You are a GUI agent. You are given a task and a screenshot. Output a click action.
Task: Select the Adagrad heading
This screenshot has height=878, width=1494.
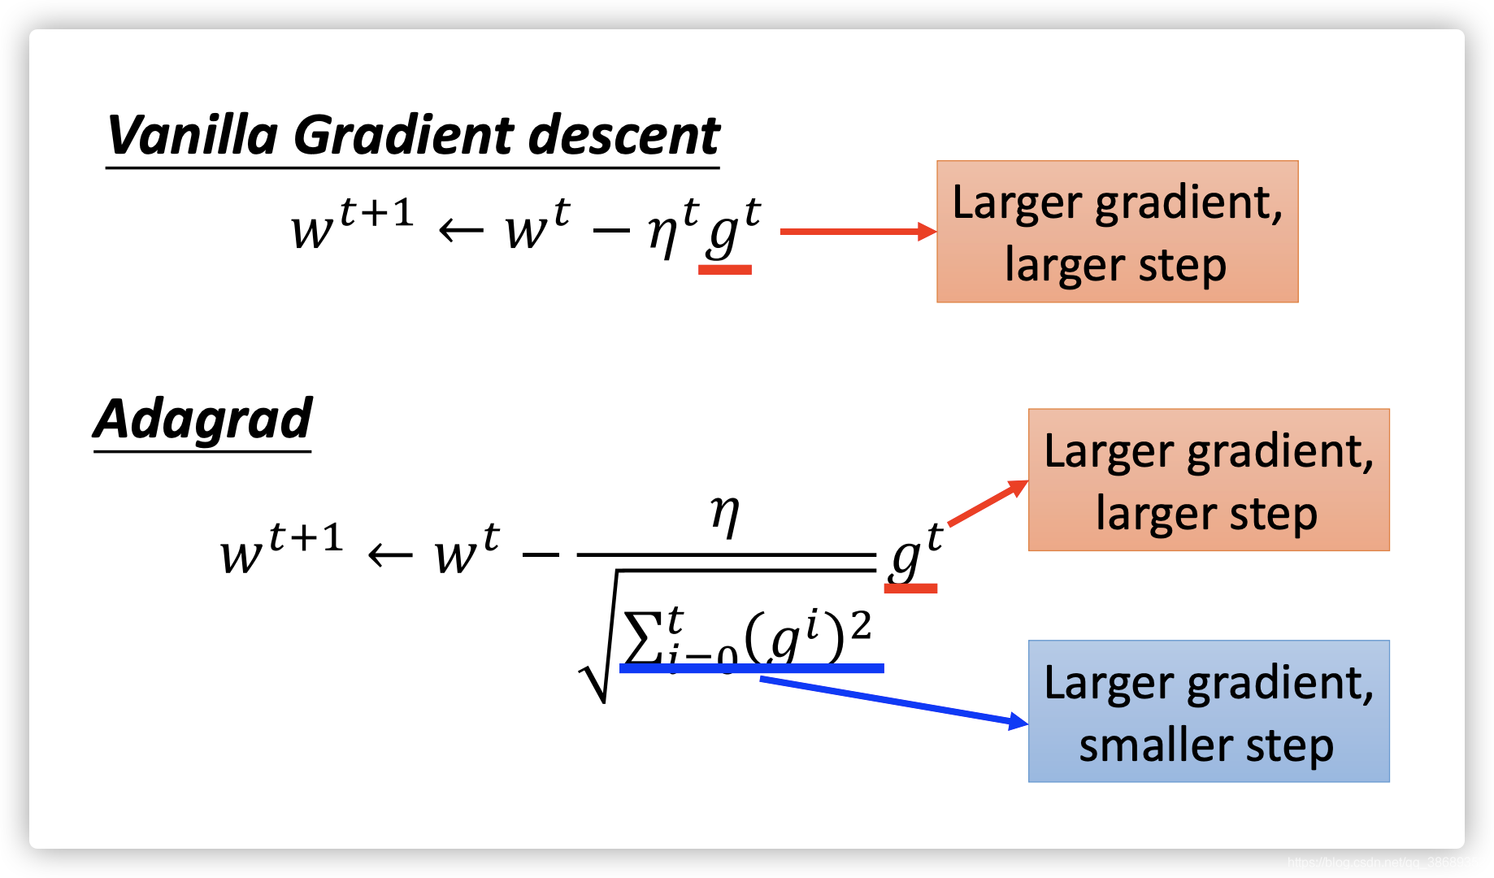coord(202,419)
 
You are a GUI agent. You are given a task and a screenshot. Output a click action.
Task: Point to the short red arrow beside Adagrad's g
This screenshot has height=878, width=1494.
coord(988,503)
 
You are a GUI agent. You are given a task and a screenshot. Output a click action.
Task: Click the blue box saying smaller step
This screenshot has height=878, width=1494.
coord(1209,711)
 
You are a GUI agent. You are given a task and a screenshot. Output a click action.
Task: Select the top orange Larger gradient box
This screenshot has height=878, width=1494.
coord(1117,232)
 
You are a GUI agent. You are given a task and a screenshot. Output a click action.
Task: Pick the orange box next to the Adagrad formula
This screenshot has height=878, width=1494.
coord(1209,480)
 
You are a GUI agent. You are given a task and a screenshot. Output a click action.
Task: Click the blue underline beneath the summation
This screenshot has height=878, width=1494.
coord(751,668)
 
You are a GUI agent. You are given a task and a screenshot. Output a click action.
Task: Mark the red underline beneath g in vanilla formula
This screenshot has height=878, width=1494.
coord(725,270)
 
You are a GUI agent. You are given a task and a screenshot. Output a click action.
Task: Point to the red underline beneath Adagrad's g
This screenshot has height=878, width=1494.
coord(910,588)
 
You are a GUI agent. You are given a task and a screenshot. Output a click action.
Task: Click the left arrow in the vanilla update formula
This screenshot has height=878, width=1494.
coord(461,232)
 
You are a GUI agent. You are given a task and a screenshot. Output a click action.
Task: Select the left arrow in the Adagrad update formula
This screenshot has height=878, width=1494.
coord(390,556)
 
